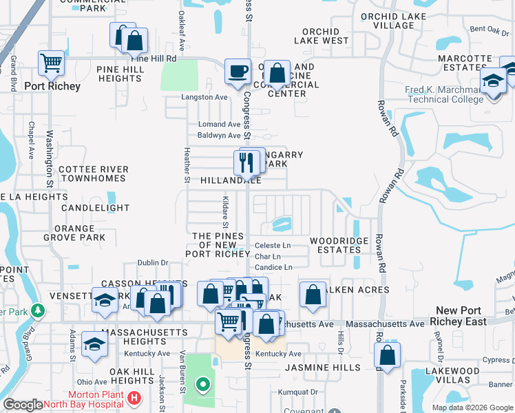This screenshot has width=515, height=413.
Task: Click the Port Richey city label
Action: pyautogui.click(x=52, y=87)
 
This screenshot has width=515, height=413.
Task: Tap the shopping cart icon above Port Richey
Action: pyautogui.click(x=51, y=63)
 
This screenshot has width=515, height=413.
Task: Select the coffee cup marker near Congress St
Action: pyautogui.click(x=238, y=72)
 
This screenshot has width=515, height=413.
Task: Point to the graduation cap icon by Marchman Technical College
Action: pyautogui.click(x=494, y=82)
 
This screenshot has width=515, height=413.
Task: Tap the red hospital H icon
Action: pyautogui.click(x=135, y=397)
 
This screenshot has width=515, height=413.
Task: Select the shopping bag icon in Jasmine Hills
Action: pyautogui.click(x=388, y=356)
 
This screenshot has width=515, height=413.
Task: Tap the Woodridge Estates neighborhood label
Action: pyautogui.click(x=339, y=245)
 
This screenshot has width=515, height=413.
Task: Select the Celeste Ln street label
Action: pyautogui.click(x=273, y=245)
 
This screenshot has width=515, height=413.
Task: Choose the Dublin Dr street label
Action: pyautogui.click(x=152, y=262)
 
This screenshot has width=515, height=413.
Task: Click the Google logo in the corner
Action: pyautogui.click(x=23, y=405)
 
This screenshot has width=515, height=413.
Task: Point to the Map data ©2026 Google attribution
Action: pyautogui.click(x=472, y=407)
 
